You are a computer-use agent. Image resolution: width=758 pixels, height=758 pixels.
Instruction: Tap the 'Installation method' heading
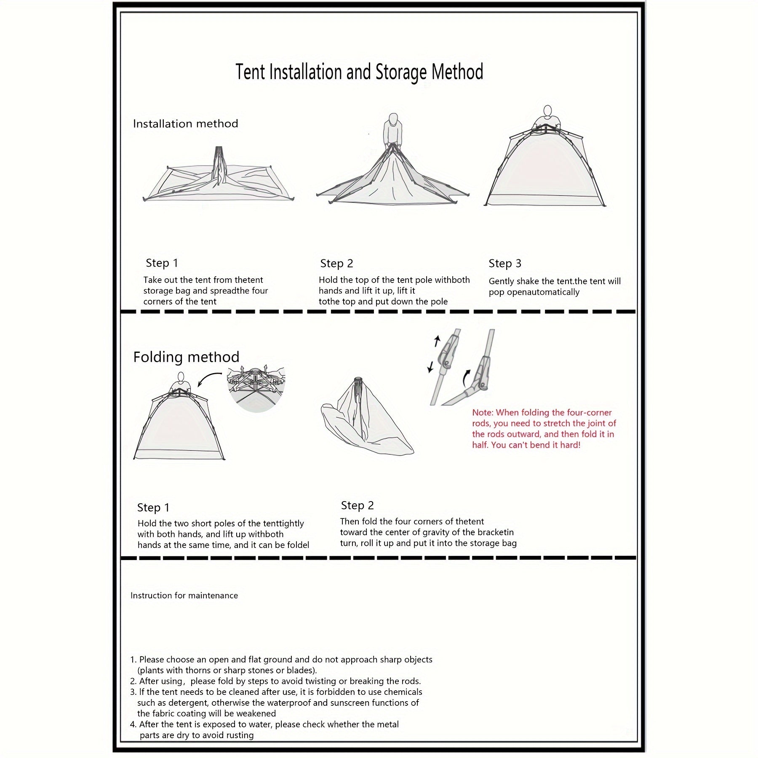[185, 124]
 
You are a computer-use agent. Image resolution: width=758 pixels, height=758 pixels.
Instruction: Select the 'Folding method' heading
[186, 357]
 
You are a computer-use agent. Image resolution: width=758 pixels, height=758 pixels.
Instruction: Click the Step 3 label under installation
[505, 264]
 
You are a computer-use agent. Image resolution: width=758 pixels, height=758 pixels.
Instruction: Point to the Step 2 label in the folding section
[357, 505]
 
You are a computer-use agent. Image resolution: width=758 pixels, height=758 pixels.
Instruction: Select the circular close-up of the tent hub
[256, 387]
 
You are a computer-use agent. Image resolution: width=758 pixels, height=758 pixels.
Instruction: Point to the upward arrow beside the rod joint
[437, 340]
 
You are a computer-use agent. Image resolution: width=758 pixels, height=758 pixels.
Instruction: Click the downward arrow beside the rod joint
[430, 367]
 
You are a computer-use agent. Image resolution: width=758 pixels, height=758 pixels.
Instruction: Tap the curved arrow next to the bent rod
[466, 378]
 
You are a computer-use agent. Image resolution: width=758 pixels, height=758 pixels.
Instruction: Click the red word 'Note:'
[482, 413]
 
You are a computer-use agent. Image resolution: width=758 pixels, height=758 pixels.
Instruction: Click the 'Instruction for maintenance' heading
[184, 595]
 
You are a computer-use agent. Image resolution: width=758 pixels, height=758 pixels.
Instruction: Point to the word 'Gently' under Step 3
[501, 281]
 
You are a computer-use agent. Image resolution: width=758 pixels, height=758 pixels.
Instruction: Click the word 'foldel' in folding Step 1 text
[298, 545]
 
